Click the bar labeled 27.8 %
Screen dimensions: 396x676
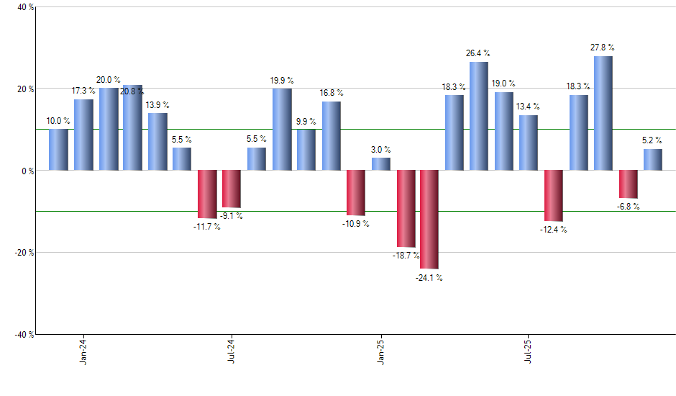[603, 113]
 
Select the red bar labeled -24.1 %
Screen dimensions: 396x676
[429, 220]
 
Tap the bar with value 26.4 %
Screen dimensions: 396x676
[479, 116]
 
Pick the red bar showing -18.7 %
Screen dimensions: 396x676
[406, 209]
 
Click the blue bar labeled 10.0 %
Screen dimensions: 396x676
[59, 150]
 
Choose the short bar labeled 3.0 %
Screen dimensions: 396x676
[381, 164]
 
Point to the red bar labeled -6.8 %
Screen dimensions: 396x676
[628, 184]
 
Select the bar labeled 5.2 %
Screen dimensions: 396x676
[653, 160]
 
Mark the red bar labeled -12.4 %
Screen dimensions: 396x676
[554, 196]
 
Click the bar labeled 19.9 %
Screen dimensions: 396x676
[282, 130]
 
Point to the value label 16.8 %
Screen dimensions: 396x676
[332, 93]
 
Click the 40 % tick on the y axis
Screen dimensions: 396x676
[24, 7]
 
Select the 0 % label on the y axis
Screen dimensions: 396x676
[27, 171]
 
